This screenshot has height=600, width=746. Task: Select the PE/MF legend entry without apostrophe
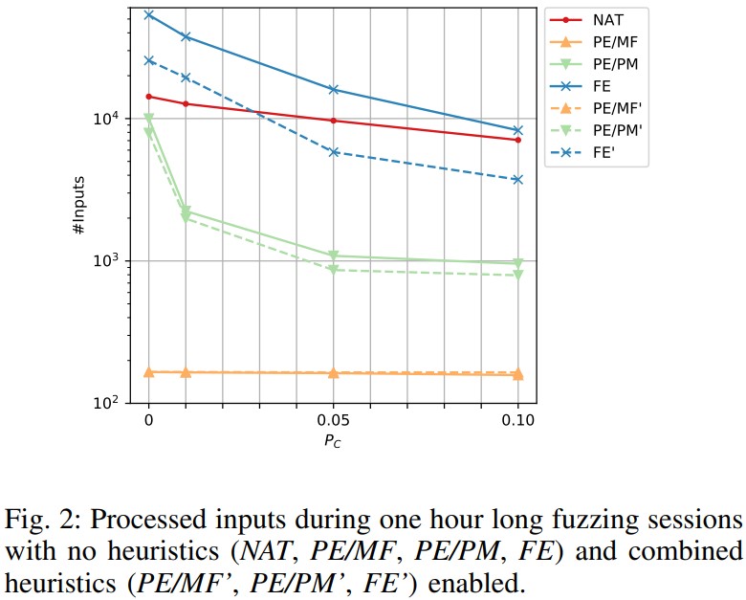pyautogui.click(x=613, y=42)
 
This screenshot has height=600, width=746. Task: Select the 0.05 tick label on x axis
pyautogui.click(x=333, y=420)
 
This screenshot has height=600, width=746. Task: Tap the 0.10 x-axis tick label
pyautogui.click(x=517, y=420)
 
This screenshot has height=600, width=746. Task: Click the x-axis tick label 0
pyautogui.click(x=148, y=420)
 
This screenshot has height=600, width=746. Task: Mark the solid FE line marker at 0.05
pyautogui.click(x=333, y=89)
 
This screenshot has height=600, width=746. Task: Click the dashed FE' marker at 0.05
pyautogui.click(x=333, y=152)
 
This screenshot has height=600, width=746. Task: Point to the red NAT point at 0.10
pyautogui.click(x=517, y=140)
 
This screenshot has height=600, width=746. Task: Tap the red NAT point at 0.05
pyautogui.click(x=333, y=121)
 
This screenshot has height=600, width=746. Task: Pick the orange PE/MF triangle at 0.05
pyautogui.click(x=333, y=372)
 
